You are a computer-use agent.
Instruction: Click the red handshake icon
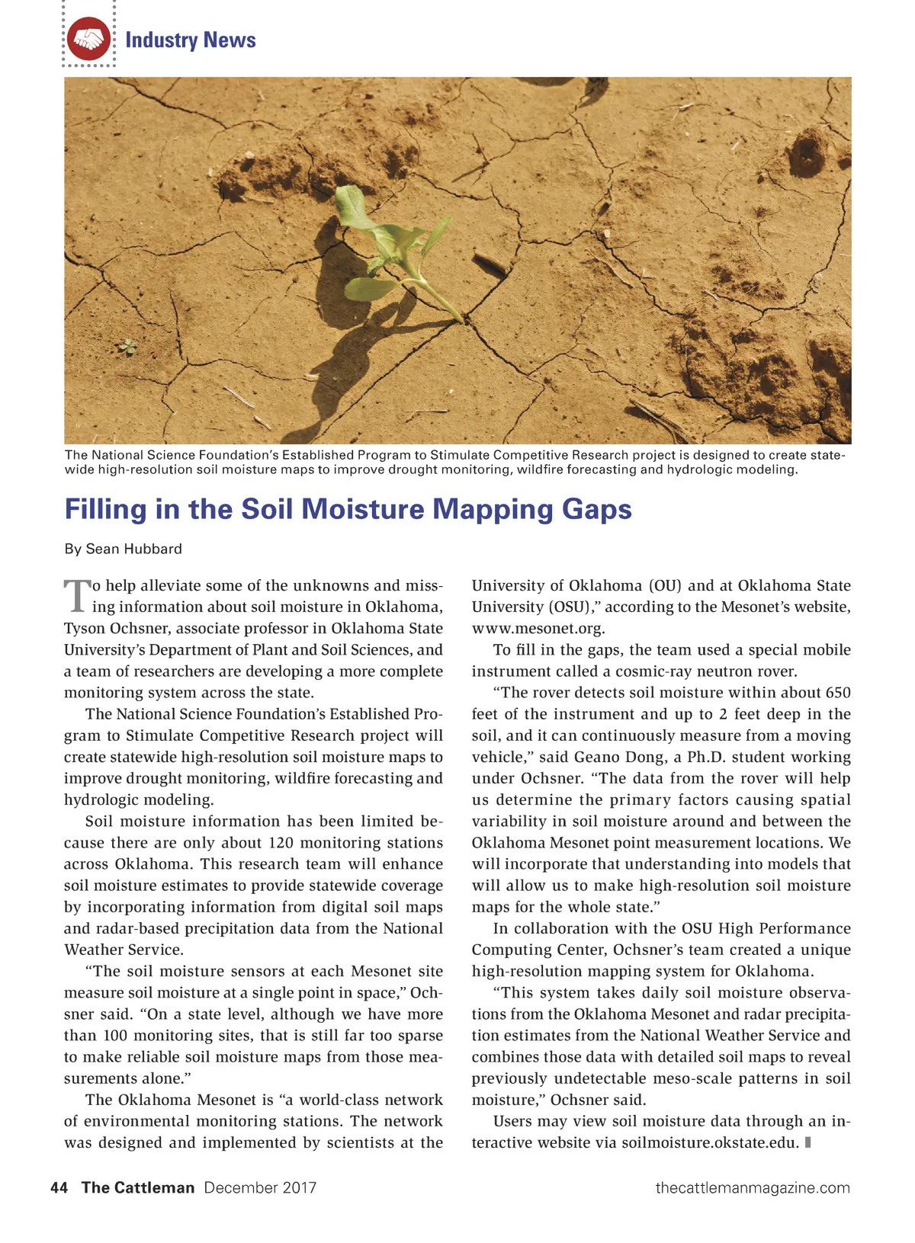pos(88,39)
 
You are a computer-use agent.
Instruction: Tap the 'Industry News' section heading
pos(190,40)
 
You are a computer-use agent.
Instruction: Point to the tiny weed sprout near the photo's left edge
pos(127,348)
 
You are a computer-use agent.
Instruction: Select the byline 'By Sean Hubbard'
pos(123,549)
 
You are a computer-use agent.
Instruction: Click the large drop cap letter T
pos(76,596)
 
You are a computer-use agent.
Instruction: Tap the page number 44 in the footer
pos(59,1187)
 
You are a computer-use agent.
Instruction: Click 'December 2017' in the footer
pos(260,1187)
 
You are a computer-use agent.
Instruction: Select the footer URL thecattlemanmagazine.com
pos(753,1187)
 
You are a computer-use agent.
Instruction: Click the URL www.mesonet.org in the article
pos(538,629)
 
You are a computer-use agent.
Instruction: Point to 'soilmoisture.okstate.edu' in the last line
pos(710,1142)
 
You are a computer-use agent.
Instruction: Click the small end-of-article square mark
pos(807,1142)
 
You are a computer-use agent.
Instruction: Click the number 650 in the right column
pos(836,693)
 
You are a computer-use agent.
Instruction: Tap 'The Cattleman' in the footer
pos(138,1187)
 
